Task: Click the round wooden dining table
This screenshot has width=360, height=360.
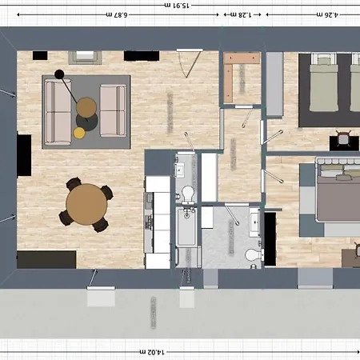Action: click(x=85, y=203)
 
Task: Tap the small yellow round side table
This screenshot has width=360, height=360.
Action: click(x=80, y=131)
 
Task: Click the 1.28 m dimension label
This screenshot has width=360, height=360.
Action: click(x=237, y=14)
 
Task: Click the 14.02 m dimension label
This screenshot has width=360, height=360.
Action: click(x=150, y=350)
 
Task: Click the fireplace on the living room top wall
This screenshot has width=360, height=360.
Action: click(x=86, y=57)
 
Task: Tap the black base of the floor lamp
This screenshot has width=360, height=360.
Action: click(x=59, y=74)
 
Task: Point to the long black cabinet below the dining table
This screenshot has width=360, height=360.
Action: click(x=46, y=259)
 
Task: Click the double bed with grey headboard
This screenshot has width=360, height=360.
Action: click(x=336, y=194)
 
